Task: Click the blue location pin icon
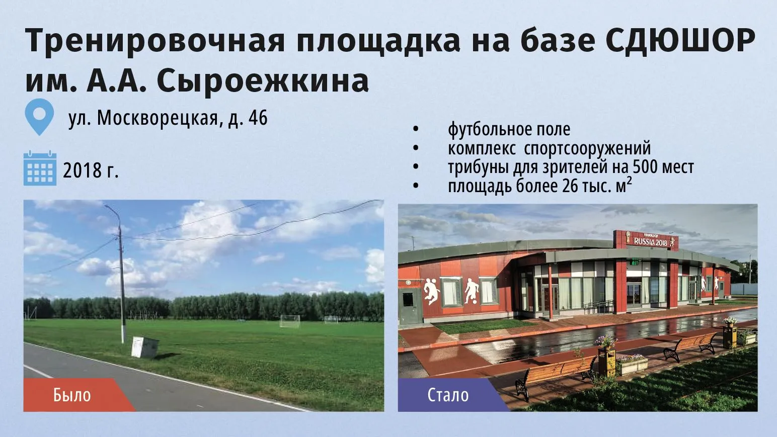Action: tap(39, 117)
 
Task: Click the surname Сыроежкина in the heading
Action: tap(263, 81)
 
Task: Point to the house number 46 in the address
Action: tap(258, 118)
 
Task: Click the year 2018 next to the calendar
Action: tap(82, 170)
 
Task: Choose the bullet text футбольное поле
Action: tap(509, 130)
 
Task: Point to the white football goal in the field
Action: tap(290, 321)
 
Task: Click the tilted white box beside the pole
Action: tap(144, 347)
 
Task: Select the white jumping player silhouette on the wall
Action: tap(431, 291)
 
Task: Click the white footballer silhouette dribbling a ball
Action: tap(472, 291)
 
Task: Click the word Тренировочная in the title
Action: tap(154, 40)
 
